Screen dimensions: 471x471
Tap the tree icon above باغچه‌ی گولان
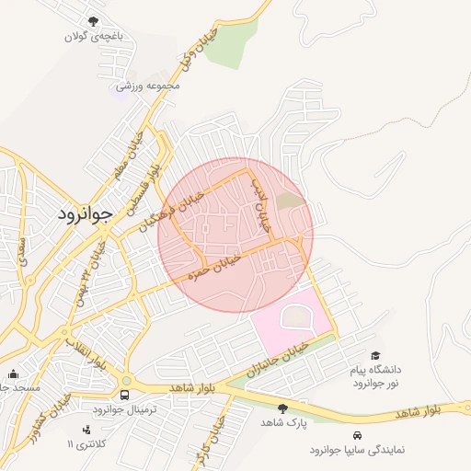92,21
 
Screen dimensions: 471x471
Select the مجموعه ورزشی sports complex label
148,86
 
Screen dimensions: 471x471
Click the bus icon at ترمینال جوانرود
125,395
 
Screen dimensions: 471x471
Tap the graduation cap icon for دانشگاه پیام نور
374,355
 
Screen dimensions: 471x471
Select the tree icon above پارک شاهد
282,408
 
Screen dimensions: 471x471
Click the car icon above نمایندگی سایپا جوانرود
355,434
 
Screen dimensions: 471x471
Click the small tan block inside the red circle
290,200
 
